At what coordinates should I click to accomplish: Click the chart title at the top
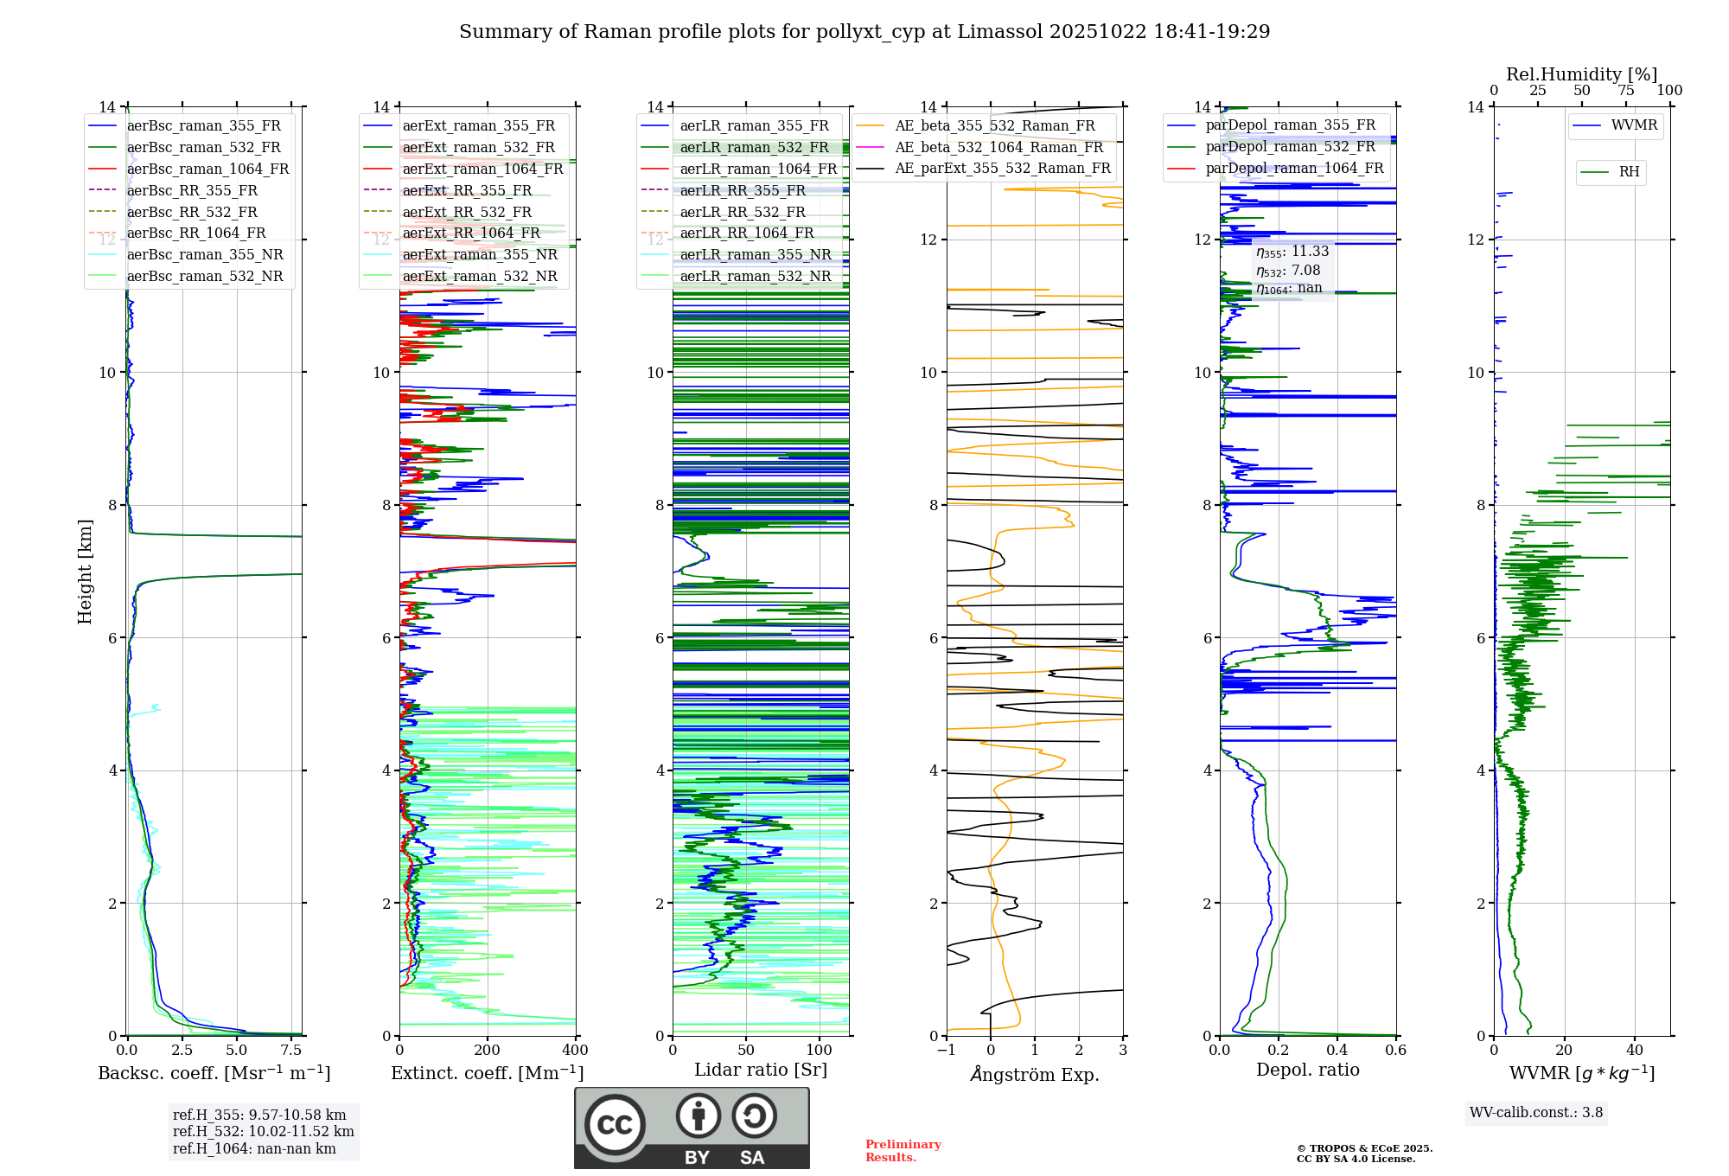tap(864, 32)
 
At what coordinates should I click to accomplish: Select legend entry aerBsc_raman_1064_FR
tap(207, 169)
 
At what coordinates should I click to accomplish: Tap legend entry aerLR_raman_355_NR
tap(755, 254)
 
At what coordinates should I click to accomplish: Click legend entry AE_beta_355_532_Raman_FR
tap(994, 126)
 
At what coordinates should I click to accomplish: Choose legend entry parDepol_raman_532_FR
tap(1290, 147)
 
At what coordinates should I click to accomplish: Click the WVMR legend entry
tap(1634, 125)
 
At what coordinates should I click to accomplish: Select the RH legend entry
tap(1629, 172)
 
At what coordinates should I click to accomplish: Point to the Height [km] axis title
tap(85, 572)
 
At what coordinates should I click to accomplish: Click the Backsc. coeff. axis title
tap(214, 1073)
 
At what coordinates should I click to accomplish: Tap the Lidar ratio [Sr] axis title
tap(761, 1070)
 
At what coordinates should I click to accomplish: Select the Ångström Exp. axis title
tap(1035, 1075)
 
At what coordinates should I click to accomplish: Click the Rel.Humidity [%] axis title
tap(1581, 74)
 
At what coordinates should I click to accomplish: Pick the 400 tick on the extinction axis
tap(575, 1051)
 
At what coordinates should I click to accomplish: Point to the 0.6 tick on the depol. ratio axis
tap(1395, 1051)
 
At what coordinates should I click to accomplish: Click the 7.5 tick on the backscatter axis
tap(291, 1051)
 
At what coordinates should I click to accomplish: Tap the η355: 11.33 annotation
tap(1292, 252)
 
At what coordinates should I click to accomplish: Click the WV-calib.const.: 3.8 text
tap(1536, 1113)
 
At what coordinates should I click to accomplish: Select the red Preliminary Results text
tap(903, 1151)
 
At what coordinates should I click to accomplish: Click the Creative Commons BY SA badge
tap(692, 1128)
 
